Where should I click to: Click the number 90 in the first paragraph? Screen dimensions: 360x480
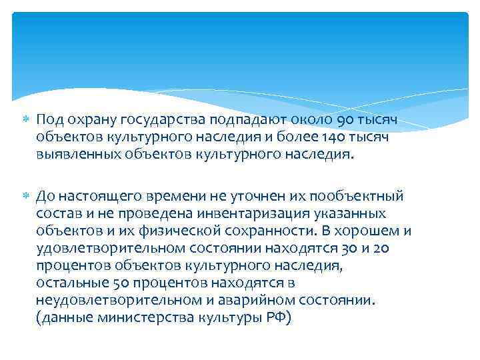pos(349,120)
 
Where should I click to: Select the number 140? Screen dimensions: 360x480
pos(326,137)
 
